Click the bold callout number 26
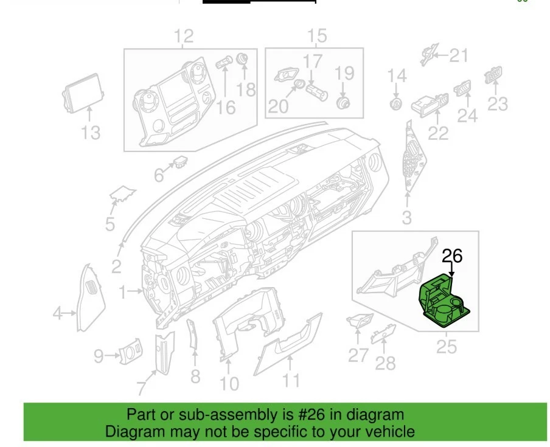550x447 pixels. tap(452, 256)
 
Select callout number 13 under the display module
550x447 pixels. tap(91, 131)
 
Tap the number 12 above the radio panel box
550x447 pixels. tap(184, 36)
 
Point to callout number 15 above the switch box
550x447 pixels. tap(317, 36)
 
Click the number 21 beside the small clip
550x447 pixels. tap(459, 56)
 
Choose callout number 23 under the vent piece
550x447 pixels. tap(498, 103)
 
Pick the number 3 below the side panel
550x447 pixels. tap(406, 217)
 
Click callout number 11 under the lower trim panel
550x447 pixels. tap(291, 380)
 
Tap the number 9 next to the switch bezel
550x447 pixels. tap(99, 356)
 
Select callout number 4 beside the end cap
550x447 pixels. tap(58, 314)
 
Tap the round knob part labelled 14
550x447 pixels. tap(396, 103)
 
